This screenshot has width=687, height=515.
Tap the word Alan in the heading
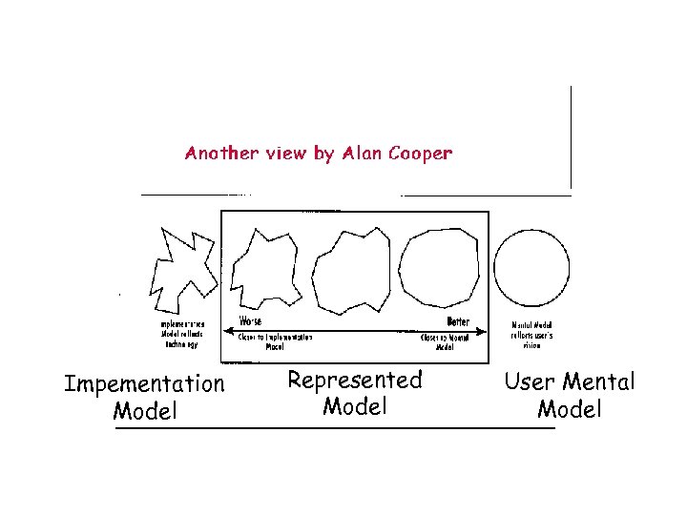click(359, 153)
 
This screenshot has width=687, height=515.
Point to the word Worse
click(250, 321)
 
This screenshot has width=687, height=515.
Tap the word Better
click(458, 321)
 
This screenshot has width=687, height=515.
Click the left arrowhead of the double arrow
click(227, 331)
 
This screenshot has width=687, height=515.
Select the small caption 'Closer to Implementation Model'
click(276, 342)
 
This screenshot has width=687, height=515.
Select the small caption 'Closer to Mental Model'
click(446, 342)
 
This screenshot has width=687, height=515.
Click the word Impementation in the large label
click(144, 384)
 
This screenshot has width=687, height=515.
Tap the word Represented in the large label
click(354, 381)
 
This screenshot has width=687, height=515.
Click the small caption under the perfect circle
click(531, 335)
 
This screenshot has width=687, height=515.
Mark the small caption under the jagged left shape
click(180, 335)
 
